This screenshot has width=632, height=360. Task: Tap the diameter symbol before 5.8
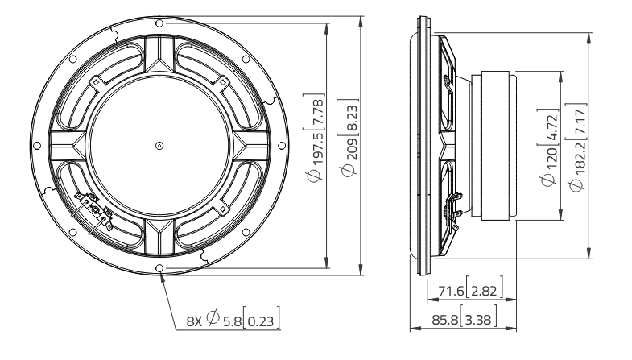tap(213, 320)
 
